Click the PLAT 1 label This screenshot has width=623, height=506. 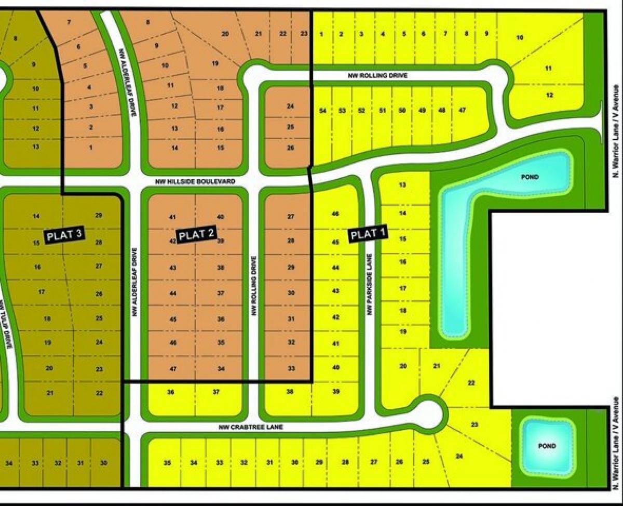tap(368, 234)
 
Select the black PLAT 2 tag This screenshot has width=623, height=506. tap(197, 234)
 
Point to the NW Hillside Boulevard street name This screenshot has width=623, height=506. tap(195, 182)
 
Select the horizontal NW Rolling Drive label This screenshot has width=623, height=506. tap(377, 75)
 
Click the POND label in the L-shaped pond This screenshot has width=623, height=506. tap(530, 177)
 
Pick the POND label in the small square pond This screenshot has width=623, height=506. tap(547, 446)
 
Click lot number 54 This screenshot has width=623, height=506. tap(322, 111)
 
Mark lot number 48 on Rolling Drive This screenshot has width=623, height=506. tap(442, 110)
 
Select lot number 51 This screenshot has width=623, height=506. tap(382, 110)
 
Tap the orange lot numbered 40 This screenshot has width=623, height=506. tap(220, 217)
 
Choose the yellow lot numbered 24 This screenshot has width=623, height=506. tap(459, 457)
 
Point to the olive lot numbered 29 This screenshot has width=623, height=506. tap(99, 216)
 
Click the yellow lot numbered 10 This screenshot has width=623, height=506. tap(520, 37)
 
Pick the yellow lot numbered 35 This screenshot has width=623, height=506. tap(167, 462)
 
